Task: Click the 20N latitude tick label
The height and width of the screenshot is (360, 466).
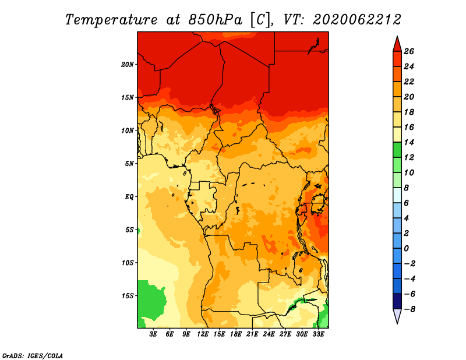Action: point(127,65)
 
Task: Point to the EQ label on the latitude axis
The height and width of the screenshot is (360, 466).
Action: point(129,197)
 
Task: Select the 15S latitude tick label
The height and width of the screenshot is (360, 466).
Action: point(127,296)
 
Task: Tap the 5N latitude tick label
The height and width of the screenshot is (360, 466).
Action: point(129,164)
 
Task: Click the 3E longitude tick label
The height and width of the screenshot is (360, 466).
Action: point(153,334)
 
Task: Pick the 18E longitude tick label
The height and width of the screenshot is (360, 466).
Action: point(236,334)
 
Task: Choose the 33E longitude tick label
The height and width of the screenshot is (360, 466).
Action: point(318,334)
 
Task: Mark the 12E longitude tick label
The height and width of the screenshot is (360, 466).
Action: point(203,334)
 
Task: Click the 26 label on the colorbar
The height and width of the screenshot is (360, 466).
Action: point(409,51)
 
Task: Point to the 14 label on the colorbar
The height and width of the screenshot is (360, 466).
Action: point(409,142)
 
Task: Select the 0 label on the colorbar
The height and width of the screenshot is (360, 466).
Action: point(406,249)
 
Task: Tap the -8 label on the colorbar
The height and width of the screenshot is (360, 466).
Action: point(409,309)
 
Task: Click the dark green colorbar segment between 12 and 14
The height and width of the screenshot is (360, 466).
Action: point(397,150)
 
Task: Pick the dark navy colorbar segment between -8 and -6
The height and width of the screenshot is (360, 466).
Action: point(397,301)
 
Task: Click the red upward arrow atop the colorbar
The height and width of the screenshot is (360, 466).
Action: point(397,44)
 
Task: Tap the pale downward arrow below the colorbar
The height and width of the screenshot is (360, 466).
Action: point(397,316)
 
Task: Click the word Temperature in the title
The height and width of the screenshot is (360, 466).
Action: point(111,20)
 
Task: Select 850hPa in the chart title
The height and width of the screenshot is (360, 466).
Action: point(215,20)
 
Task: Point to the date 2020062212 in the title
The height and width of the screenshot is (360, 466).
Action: point(357,20)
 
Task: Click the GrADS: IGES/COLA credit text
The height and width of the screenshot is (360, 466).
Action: point(33,356)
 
